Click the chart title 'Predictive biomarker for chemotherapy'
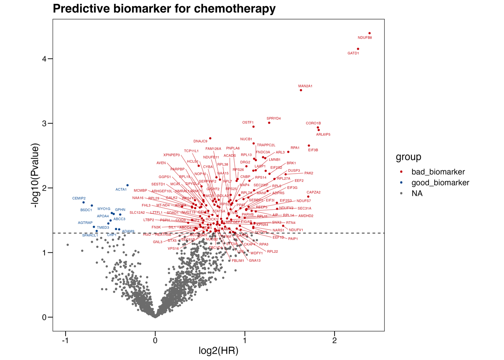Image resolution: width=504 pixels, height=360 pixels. point(164,8)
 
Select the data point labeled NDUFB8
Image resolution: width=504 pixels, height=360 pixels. point(369,33)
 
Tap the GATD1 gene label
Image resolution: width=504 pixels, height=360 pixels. point(353,53)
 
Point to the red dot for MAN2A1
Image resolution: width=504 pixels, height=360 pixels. point(301,90)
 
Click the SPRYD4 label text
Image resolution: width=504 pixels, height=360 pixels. point(273,118)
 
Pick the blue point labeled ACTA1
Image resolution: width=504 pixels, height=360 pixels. point(127,185)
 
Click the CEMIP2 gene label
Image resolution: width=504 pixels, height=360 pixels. point(79,198)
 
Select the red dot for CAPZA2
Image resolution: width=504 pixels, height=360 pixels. point(308,196)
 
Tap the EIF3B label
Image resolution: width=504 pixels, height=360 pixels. point(313,150)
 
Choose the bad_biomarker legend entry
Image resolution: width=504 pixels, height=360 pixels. point(438,172)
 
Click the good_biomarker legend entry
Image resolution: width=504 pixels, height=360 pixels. point(440,183)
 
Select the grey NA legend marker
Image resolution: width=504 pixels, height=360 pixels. point(401,193)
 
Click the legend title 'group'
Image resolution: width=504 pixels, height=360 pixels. point(408,157)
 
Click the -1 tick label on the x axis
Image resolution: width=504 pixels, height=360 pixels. point(66,340)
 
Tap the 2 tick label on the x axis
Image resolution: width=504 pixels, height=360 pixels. point(334,340)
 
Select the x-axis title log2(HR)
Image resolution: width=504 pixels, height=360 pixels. point(218,351)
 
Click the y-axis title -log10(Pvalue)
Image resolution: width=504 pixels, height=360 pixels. point(35,175)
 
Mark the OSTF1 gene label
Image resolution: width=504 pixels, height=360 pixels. point(247,123)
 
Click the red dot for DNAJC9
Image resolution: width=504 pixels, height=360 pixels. point(210,138)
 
